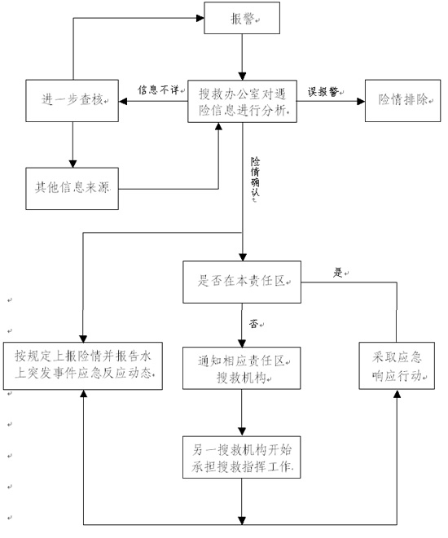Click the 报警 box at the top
point(242,18)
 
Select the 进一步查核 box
point(72,101)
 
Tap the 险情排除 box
point(402,101)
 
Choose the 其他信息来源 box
point(72,188)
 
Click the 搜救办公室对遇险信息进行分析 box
point(242,101)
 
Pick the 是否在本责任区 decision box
point(242,282)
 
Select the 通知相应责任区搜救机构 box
point(241,368)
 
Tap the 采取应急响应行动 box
point(397,365)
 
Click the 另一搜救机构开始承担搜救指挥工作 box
point(241,457)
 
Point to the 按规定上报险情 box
point(83,365)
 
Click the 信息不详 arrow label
point(159,90)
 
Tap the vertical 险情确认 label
point(255,177)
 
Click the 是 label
point(338,273)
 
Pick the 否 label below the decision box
point(253,324)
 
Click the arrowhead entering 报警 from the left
point(200,18)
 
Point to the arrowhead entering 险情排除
point(361,101)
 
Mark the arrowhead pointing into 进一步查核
point(123,101)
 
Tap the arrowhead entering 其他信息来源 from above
point(72,164)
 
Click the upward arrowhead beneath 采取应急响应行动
point(397,394)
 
